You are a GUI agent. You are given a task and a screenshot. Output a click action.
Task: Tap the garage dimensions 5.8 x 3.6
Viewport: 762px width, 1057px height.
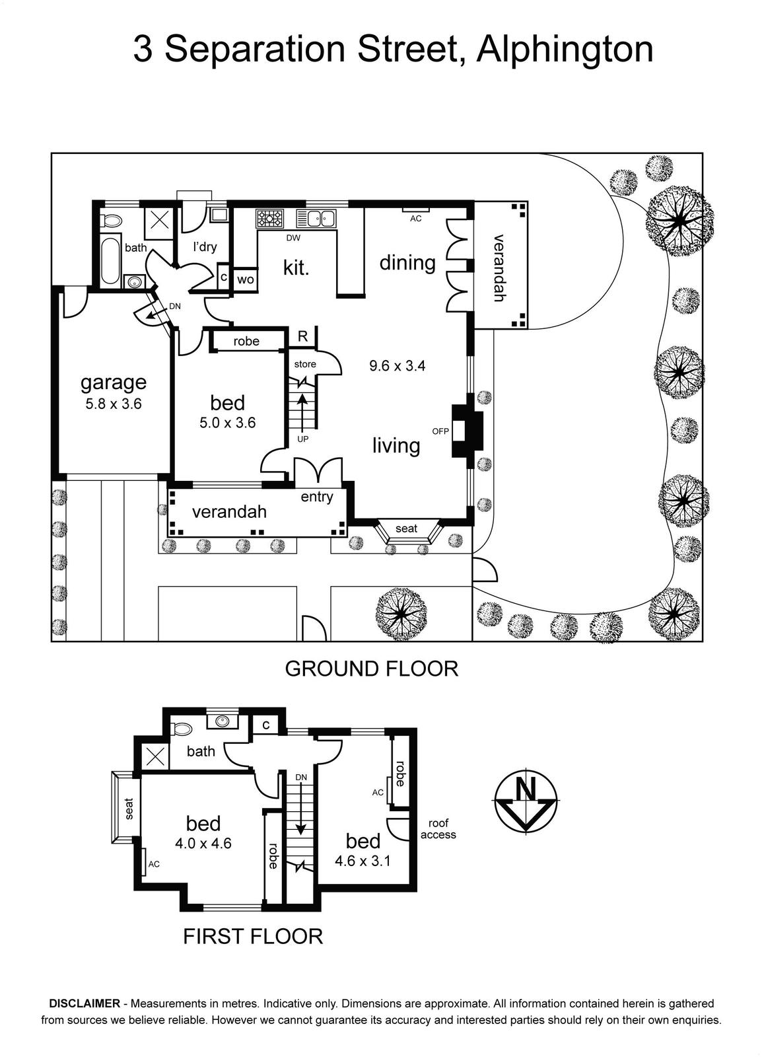tap(113, 404)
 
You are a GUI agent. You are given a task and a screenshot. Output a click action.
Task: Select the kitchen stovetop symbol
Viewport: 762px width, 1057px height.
tap(269, 219)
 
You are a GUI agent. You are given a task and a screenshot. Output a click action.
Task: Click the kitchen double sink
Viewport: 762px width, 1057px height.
tap(316, 218)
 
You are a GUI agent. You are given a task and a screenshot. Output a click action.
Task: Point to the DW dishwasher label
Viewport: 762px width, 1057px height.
tap(293, 238)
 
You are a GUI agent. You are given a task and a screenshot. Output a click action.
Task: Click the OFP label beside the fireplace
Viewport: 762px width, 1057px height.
tap(440, 431)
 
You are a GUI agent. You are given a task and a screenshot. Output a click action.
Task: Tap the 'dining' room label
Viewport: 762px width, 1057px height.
tap(407, 263)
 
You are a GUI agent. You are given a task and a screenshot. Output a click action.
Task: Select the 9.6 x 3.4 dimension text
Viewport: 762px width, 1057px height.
tap(397, 366)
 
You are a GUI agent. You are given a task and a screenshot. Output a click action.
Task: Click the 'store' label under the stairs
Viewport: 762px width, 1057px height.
tap(305, 364)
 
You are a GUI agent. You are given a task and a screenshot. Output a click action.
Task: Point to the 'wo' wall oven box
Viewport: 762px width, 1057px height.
tap(245, 279)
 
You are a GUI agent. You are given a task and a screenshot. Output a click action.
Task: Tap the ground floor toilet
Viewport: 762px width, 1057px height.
tap(112, 221)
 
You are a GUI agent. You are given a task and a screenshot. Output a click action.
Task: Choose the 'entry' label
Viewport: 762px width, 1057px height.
tap(317, 497)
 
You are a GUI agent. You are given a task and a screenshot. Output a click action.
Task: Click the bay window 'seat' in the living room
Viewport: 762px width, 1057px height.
tap(407, 528)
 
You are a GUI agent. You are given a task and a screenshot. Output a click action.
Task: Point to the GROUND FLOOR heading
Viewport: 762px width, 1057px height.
tap(372, 669)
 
